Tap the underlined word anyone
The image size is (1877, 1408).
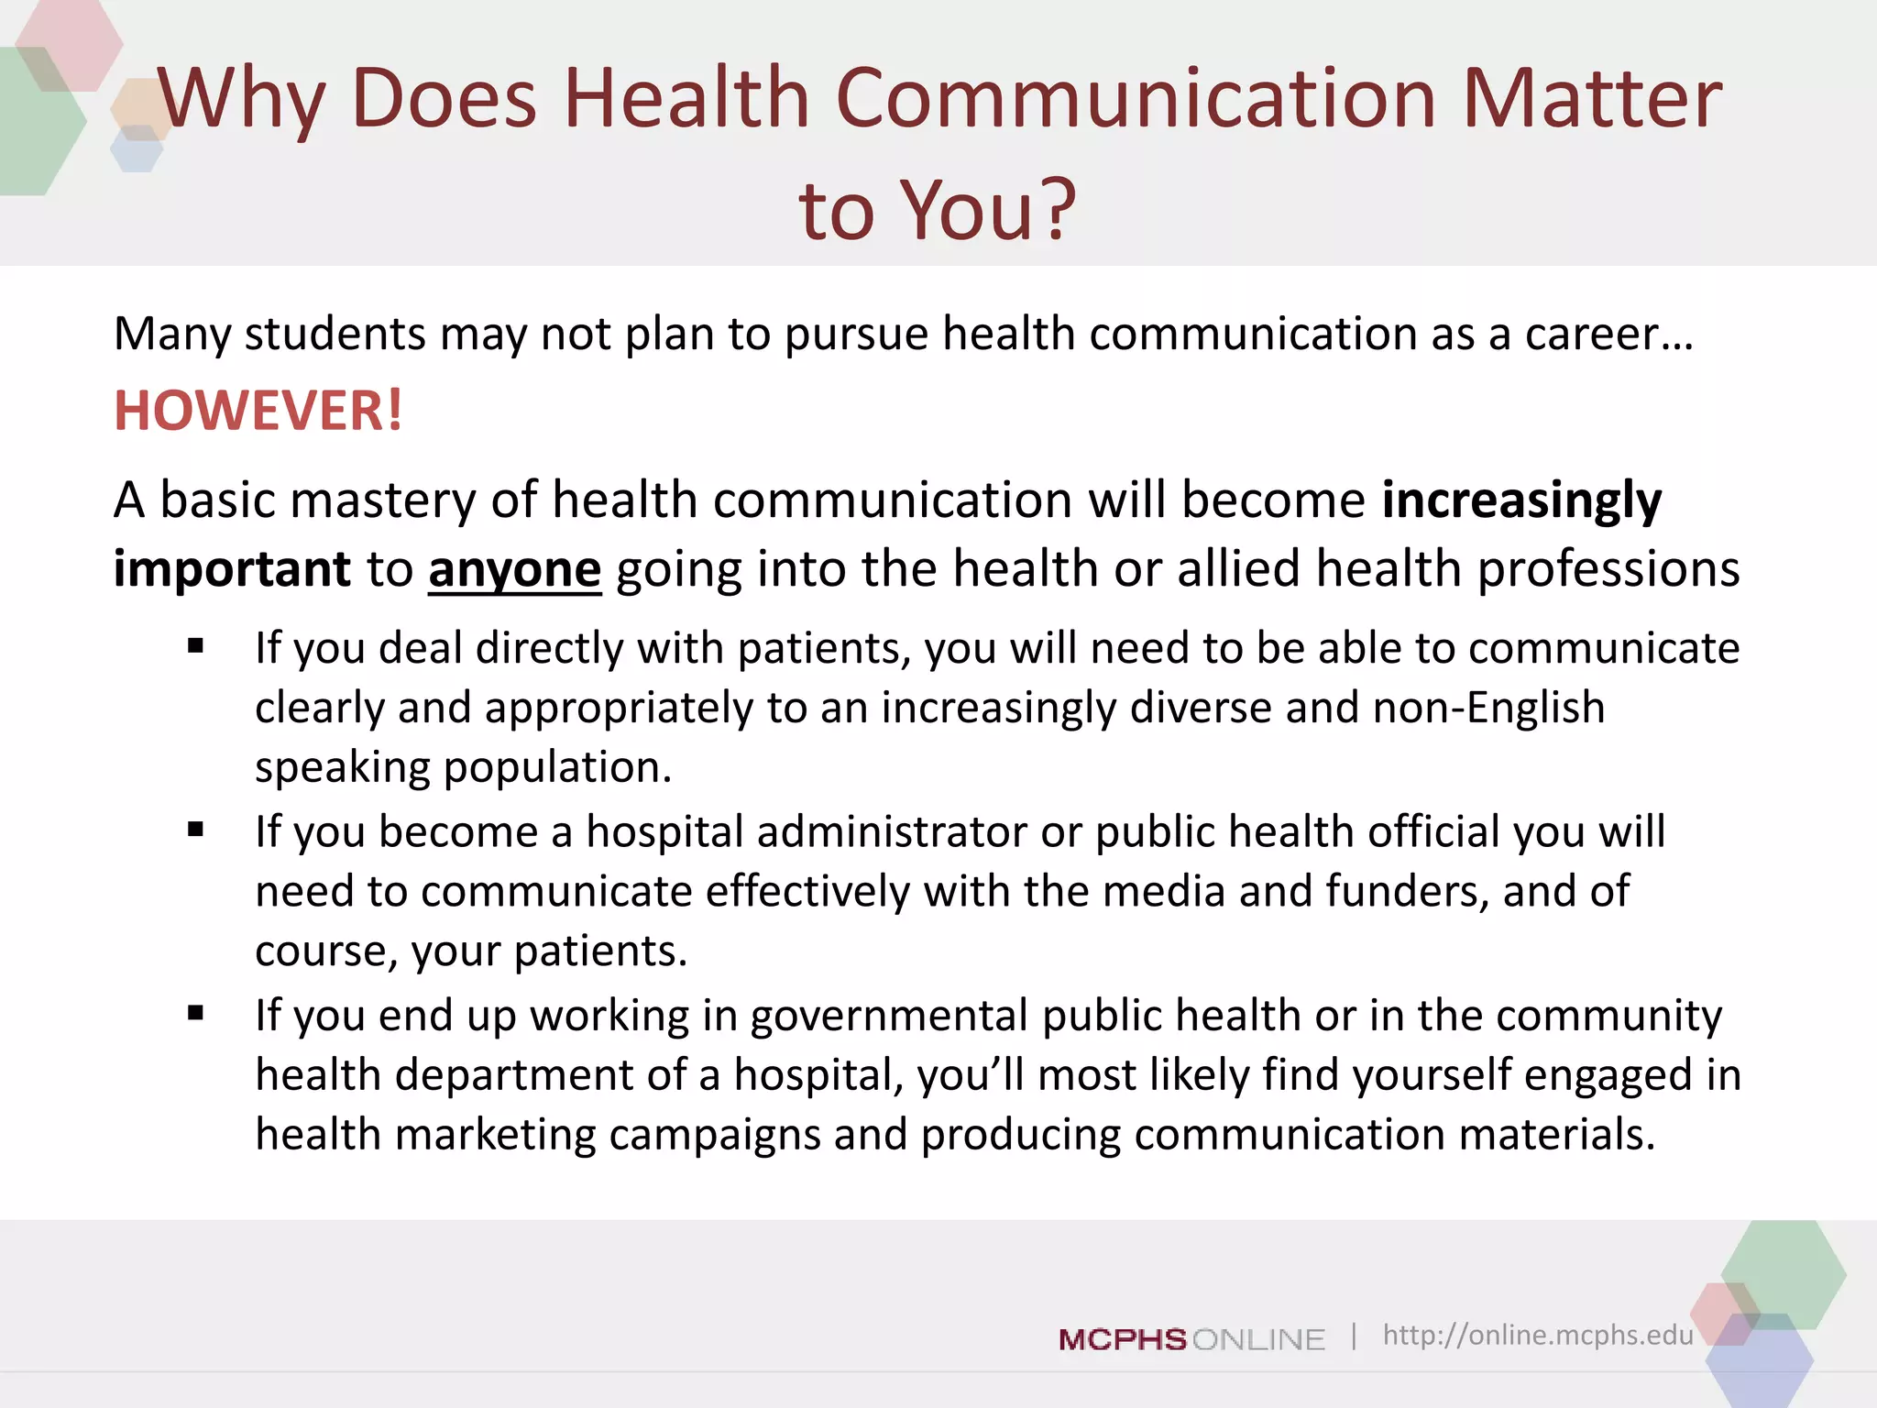click(514, 569)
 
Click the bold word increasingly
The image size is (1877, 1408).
click(1521, 501)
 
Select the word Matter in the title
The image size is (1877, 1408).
click(1592, 98)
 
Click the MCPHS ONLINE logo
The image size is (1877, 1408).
click(1191, 1339)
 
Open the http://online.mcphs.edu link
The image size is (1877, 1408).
click(1537, 1335)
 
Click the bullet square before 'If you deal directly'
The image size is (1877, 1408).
click(195, 646)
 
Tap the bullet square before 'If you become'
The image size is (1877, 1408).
click(195, 830)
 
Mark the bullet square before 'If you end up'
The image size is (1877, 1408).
click(195, 1013)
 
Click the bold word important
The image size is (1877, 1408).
click(232, 569)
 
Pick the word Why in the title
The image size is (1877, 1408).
click(242, 100)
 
